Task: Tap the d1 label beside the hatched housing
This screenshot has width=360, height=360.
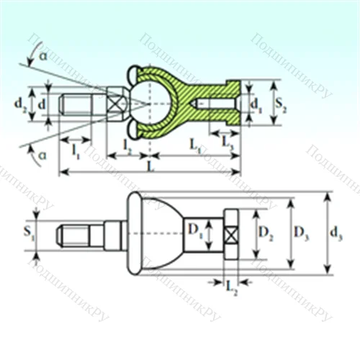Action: click(x=256, y=105)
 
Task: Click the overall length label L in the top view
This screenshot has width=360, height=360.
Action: click(x=150, y=166)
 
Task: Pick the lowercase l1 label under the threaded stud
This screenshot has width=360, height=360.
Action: click(x=76, y=150)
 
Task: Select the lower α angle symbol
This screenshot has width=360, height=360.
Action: click(x=43, y=154)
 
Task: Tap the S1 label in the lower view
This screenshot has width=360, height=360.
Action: click(x=28, y=232)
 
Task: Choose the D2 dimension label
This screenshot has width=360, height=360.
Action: click(x=265, y=233)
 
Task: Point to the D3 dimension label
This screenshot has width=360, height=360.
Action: click(x=302, y=232)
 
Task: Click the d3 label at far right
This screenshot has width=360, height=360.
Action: click(x=337, y=233)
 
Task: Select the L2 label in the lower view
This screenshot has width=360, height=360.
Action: click(x=232, y=289)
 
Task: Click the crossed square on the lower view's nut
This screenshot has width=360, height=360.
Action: click(x=231, y=235)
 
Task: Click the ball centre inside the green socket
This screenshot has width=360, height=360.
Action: click(x=149, y=104)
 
